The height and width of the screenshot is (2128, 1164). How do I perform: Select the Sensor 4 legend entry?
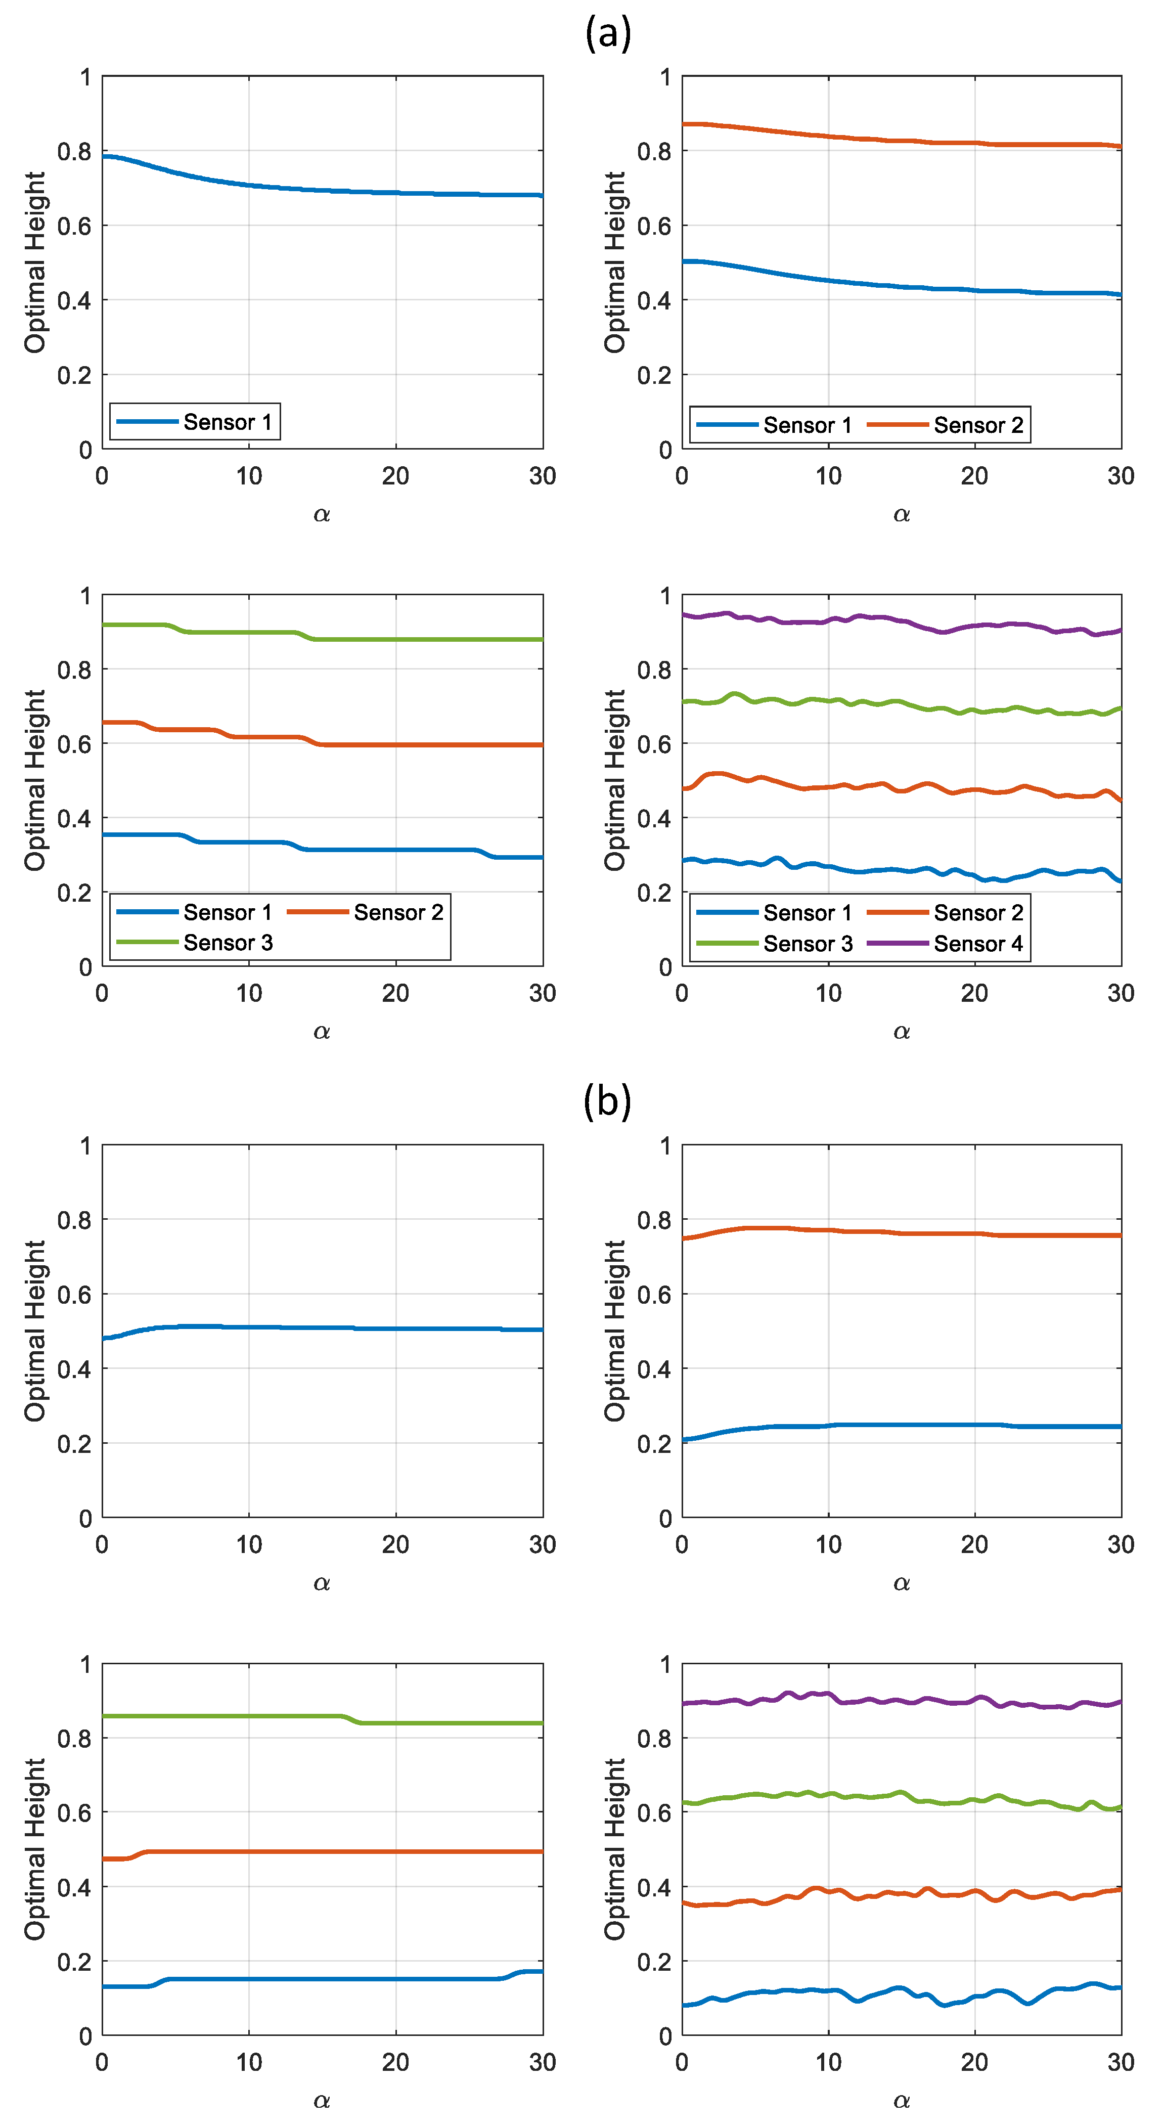978,944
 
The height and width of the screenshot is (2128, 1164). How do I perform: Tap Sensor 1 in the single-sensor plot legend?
227,422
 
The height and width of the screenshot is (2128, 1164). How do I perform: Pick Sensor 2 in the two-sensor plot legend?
978,425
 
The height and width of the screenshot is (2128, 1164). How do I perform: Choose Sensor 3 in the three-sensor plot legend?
228,943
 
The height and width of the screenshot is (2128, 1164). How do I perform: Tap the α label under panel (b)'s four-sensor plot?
901,2100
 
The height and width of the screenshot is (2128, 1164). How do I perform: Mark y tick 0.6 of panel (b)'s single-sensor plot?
74,1295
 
